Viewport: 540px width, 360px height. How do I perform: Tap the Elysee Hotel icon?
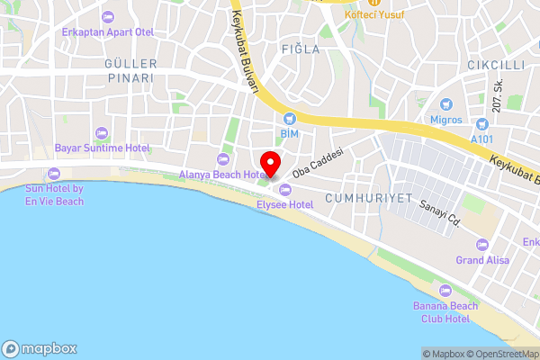pyautogui.click(x=286, y=189)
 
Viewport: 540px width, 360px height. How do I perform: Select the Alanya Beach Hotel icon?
pyautogui.click(x=223, y=159)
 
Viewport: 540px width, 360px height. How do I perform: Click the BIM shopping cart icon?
pyautogui.click(x=289, y=118)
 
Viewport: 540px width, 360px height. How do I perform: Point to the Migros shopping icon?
pyautogui.click(x=445, y=103)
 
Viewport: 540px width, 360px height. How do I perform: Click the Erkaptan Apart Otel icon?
pyautogui.click(x=108, y=17)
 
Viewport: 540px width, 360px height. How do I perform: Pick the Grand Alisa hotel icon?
pyautogui.click(x=482, y=245)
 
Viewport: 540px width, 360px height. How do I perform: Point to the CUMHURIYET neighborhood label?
pyautogui.click(x=369, y=198)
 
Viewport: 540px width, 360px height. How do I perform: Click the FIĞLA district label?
pyautogui.click(x=300, y=49)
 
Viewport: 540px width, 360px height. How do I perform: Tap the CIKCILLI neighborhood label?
pyautogui.click(x=495, y=65)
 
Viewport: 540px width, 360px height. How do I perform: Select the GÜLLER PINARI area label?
pyautogui.click(x=130, y=71)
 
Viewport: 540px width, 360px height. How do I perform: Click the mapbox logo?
pyautogui.click(x=40, y=349)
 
